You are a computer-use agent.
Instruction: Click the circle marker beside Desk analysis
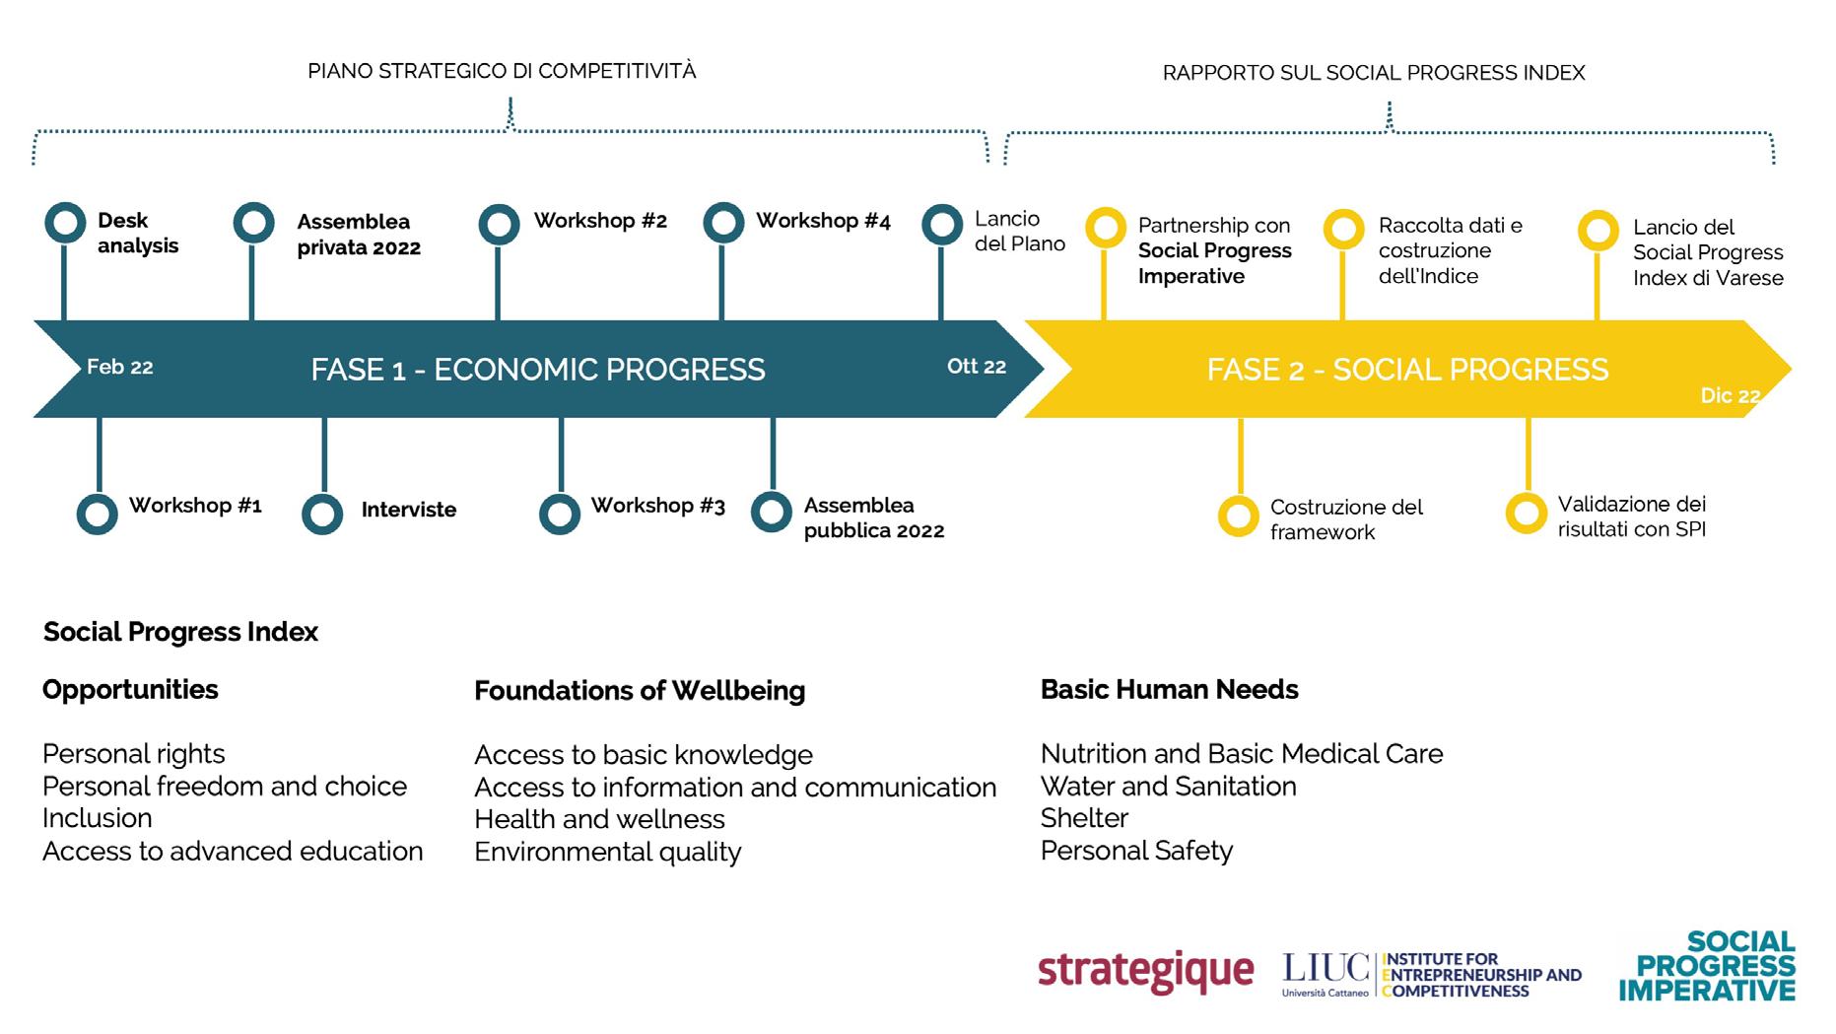coord(65,223)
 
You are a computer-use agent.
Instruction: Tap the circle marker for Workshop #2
coord(499,224)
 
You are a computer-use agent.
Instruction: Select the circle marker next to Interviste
coord(322,514)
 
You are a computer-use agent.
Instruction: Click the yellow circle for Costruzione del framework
coord(1239,516)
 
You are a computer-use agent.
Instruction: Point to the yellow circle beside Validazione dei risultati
coord(1526,514)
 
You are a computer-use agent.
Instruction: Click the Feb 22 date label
coord(119,368)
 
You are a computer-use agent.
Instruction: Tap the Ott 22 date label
coord(976,367)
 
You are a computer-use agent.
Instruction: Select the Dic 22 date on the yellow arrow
coord(1730,396)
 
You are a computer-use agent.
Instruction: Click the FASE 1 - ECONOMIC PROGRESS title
coord(537,370)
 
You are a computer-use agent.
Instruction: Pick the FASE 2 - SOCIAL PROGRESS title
coord(1407,370)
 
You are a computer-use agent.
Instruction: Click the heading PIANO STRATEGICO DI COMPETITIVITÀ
coord(502,71)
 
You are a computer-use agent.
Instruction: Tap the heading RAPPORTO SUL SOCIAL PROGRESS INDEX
coord(1374,73)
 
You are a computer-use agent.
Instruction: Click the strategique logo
coord(1145,972)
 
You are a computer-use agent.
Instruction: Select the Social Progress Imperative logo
coord(1708,966)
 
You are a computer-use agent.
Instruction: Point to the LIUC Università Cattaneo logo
coord(1326,974)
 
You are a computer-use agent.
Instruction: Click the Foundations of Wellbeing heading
coord(640,691)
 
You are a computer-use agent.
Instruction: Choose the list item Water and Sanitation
coord(1168,787)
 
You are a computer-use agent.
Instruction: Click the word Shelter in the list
coord(1084,818)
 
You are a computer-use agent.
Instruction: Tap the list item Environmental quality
coord(607,852)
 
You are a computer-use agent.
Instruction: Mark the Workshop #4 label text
coord(823,221)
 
